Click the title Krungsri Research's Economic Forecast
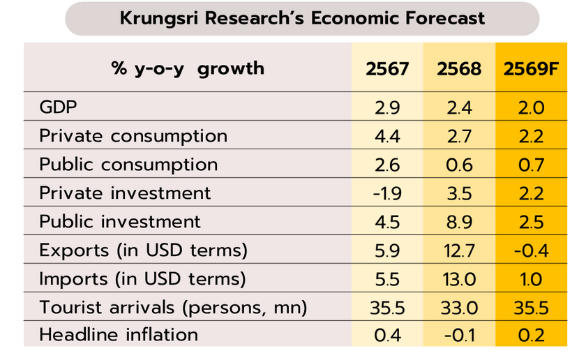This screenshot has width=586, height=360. point(302,18)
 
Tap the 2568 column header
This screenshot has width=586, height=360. point(458,69)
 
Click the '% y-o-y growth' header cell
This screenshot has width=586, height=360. point(188,68)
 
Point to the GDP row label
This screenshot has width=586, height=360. point(59,108)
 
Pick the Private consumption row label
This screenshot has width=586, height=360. point(133,136)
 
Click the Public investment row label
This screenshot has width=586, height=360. point(120,221)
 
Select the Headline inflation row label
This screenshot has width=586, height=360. point(119,334)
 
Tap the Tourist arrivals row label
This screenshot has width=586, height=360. point(173,306)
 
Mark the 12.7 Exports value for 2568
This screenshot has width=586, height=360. point(458,250)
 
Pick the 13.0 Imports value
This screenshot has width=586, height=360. point(458,278)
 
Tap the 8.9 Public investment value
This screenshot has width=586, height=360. point(458,221)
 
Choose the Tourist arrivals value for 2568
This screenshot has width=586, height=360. point(458,306)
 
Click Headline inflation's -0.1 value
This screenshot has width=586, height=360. point(458,335)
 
